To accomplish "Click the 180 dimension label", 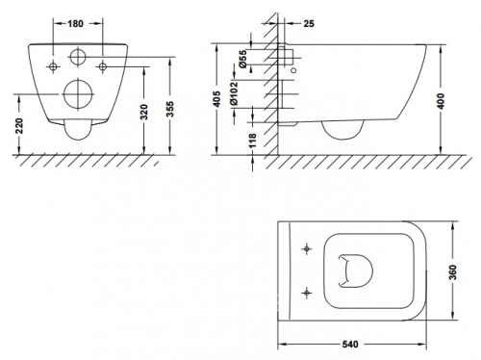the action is pos(75,24).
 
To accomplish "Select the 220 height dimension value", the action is pos(19,126).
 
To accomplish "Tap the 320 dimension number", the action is pos(144,112).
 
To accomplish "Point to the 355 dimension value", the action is pos(171,109).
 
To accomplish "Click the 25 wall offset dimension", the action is pos(309,24).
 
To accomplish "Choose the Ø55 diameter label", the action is pos(242,59).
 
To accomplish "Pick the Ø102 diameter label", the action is pos(234,93).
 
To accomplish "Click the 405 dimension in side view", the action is pos(217,99).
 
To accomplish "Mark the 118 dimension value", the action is pos(253,141).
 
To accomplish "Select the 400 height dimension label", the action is pos(442,101).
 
